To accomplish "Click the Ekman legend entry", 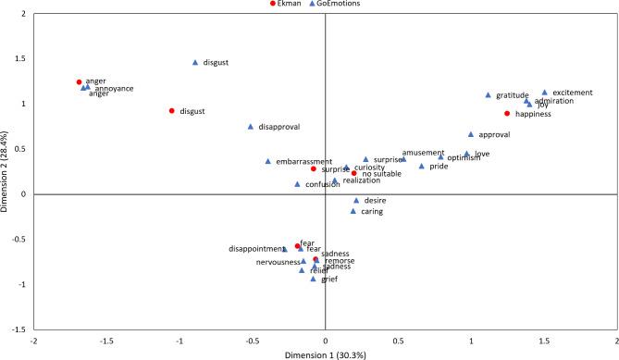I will (x=288, y=4).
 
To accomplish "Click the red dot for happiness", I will (x=507, y=114).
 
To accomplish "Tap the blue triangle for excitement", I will (x=545, y=93).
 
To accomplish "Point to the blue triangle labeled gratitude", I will (x=489, y=94).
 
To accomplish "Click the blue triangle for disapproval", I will (x=251, y=127).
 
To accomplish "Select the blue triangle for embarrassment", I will (x=268, y=161).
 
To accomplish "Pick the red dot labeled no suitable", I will (x=353, y=173).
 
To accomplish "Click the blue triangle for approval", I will (x=471, y=134).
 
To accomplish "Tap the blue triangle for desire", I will (x=356, y=200).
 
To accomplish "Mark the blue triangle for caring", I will (x=353, y=211).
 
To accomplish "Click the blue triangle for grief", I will (x=313, y=279).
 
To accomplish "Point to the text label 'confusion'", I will (x=325, y=184).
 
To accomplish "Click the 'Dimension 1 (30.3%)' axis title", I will (x=325, y=354).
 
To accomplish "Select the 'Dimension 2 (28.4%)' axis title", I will (x=6, y=170).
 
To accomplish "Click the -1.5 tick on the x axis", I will (x=107, y=340).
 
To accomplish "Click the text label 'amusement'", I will (x=423, y=153).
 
